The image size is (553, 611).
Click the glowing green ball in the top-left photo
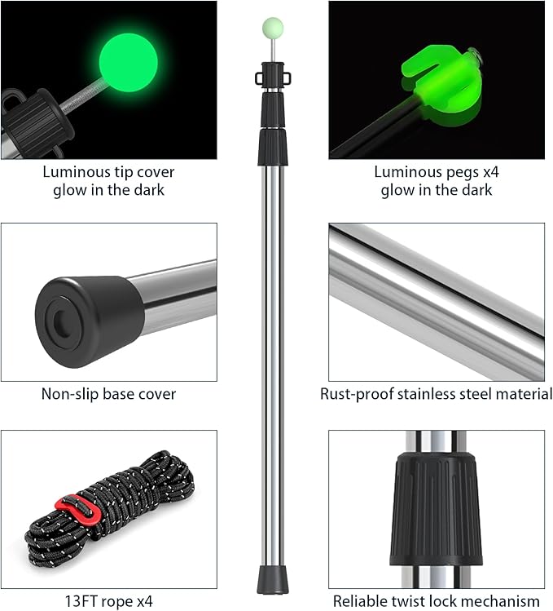click(x=128, y=63)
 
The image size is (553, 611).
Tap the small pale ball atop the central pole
click(x=273, y=28)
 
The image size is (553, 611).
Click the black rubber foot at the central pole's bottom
click(x=273, y=580)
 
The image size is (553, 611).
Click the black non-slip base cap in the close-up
click(x=90, y=322)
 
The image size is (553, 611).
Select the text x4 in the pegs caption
click(x=490, y=172)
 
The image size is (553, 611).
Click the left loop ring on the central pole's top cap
click(x=259, y=78)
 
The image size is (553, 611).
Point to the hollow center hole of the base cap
click(x=61, y=322)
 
